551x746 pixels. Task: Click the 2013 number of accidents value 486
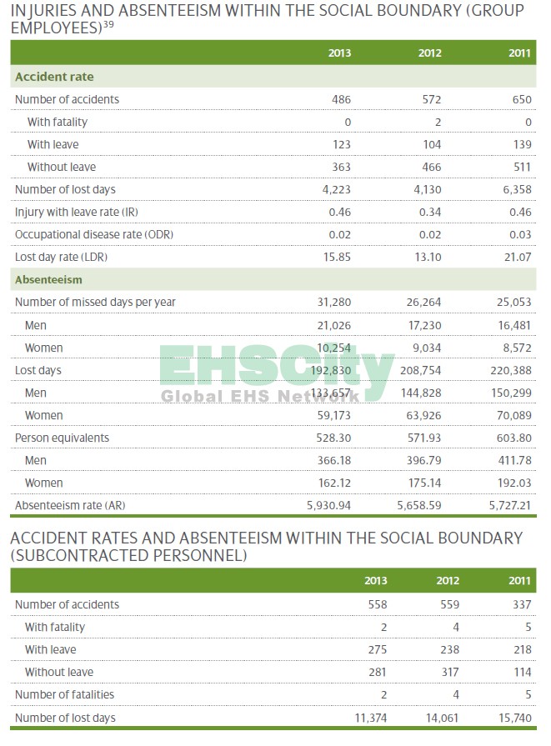340,99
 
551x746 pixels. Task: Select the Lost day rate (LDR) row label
61,257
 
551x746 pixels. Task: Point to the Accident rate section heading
54,77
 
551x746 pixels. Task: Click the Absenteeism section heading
48,280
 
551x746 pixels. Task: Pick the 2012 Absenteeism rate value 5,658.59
418,505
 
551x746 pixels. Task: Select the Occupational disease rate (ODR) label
93,234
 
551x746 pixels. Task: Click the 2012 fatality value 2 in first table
438,122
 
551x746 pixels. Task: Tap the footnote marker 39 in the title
108,23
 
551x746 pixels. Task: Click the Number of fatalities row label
64,694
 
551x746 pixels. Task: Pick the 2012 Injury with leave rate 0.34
430,212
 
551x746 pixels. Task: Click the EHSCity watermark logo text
275,367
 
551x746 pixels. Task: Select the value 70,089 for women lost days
513,415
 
